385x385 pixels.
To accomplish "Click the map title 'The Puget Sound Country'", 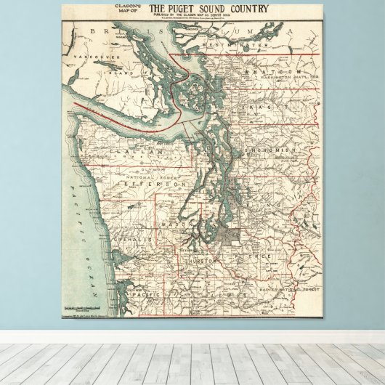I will (x=208, y=9).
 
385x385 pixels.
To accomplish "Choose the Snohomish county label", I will (x=272, y=150).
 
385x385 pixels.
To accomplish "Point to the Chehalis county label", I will (x=131, y=238).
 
